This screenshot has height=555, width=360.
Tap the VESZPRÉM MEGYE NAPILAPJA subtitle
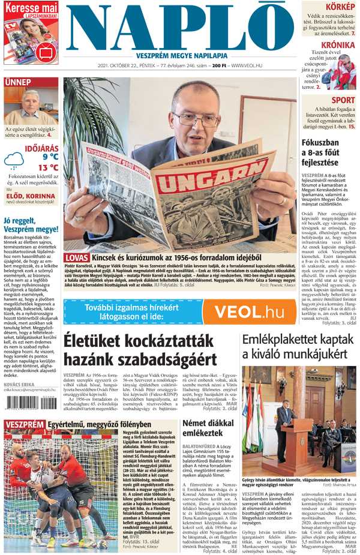click(180, 54)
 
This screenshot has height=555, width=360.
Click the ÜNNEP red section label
click(17, 82)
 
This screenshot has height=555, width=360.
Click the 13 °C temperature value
click(48, 167)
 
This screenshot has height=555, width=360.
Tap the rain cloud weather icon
click(13, 160)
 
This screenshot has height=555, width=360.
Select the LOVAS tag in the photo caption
click(76, 258)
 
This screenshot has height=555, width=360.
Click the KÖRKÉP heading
click(340, 7)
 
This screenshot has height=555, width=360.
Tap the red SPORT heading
click(343, 100)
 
